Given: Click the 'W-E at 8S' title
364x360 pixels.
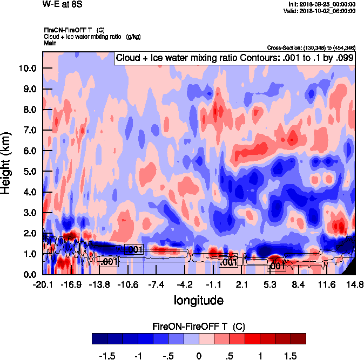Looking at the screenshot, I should tap(60, 4).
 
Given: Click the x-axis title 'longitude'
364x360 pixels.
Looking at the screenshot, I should tap(198, 300).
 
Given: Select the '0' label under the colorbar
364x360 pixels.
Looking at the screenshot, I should tap(199, 356).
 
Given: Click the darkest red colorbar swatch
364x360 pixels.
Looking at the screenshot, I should tap(299, 339).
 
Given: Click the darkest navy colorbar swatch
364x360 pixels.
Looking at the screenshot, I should tap(99, 339).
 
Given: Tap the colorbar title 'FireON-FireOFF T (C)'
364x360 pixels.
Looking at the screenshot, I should tap(199, 327).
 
